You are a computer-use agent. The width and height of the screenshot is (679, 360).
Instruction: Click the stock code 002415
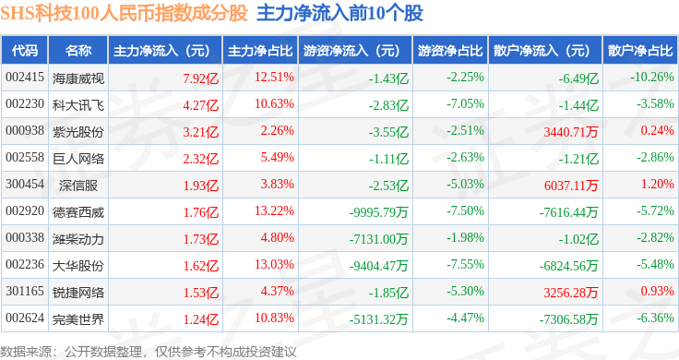click(x=25, y=78)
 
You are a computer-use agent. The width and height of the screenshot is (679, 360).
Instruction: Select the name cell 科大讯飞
click(x=77, y=105)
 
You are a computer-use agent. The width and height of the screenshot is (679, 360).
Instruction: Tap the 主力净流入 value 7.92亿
click(x=200, y=78)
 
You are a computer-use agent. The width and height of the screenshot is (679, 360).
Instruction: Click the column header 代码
click(x=25, y=50)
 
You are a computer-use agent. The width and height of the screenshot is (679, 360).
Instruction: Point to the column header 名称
click(x=77, y=50)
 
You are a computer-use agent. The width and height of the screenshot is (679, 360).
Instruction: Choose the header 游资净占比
click(x=450, y=50)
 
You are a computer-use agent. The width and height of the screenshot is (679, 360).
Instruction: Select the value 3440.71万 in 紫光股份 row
click(x=571, y=132)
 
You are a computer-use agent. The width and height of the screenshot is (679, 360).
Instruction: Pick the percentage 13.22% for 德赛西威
click(x=274, y=211)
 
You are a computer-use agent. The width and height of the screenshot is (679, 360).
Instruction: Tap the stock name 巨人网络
click(x=77, y=159)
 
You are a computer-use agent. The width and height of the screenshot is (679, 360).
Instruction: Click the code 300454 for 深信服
click(x=25, y=184)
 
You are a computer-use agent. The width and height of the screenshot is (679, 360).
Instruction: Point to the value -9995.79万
click(x=378, y=212)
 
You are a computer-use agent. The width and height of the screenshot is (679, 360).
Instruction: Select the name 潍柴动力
click(x=77, y=239)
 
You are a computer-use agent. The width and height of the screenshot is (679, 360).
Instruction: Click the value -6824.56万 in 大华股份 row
click(x=568, y=266)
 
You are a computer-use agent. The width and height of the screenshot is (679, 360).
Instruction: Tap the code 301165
click(x=25, y=291)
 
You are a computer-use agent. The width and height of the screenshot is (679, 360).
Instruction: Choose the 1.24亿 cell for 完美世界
click(x=200, y=319)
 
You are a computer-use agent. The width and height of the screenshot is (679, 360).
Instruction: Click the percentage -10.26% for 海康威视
click(x=651, y=78)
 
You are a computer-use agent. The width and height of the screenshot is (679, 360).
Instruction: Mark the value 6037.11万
click(x=571, y=186)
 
